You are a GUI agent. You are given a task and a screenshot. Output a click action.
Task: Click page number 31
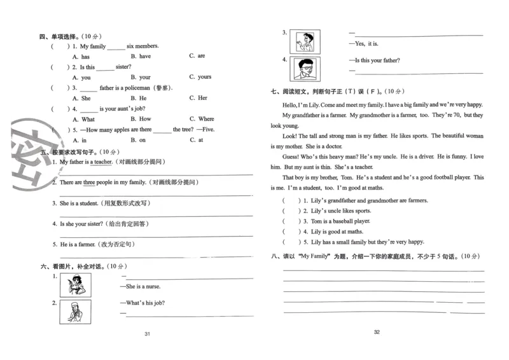click(147, 335)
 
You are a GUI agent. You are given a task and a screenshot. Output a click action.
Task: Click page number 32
click(377, 332)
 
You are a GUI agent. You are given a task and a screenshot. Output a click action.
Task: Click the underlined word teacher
click(102, 162)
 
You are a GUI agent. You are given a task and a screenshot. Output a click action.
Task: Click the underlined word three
click(89, 183)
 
